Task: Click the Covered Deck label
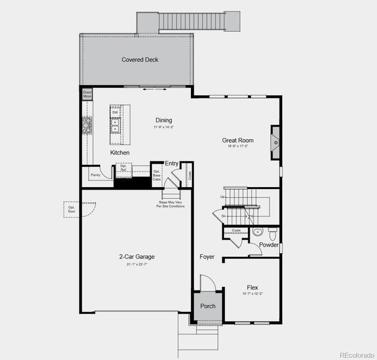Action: [140, 60]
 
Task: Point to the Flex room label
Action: [252, 288]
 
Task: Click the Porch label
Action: [208, 307]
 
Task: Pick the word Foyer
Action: [207, 257]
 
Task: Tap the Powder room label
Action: [269, 245]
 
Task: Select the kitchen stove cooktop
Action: [87, 125]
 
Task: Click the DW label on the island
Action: [115, 112]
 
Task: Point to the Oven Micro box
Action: [87, 94]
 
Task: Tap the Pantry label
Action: [95, 175]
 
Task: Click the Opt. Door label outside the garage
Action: [72, 209]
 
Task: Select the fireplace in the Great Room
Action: [275, 142]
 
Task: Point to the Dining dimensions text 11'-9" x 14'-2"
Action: [163, 127]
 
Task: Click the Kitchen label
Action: [119, 153]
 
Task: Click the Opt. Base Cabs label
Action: [157, 175]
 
